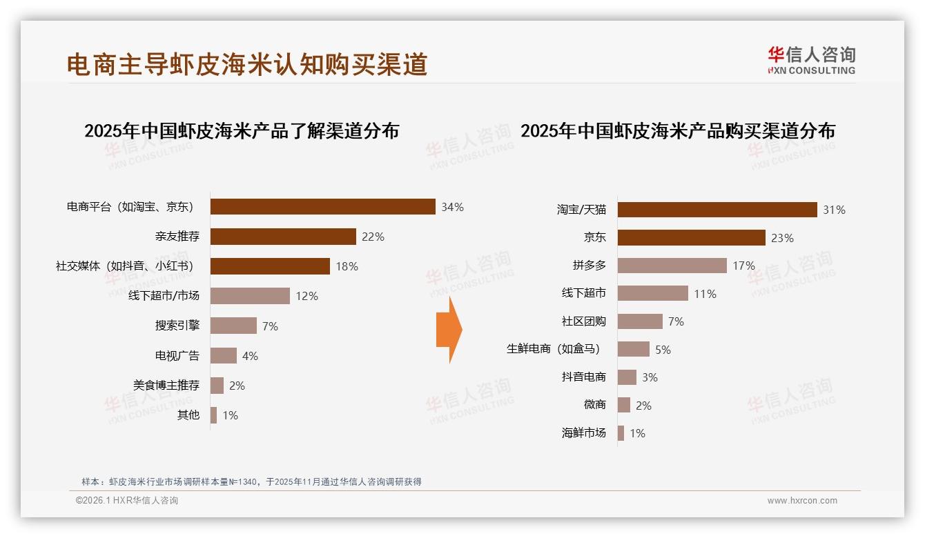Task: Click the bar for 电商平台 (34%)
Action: point(322,207)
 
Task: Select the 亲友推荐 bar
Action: point(283,237)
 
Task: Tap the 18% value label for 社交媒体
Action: point(347,266)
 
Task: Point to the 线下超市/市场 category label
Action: point(164,296)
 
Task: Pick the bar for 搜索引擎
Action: point(233,326)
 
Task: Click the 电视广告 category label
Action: point(177,356)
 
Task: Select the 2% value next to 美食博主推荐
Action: point(237,386)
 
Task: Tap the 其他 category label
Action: point(188,415)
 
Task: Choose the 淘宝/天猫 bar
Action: point(717,210)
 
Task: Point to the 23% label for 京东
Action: point(783,238)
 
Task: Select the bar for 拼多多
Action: point(672,266)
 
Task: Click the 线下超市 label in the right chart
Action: point(583,294)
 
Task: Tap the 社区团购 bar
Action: point(640,321)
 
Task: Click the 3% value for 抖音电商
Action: point(650,377)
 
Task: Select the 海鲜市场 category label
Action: point(583,433)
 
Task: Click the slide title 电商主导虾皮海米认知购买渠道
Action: point(247,64)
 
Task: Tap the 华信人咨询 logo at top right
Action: point(811,60)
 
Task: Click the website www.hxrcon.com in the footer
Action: point(801,501)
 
